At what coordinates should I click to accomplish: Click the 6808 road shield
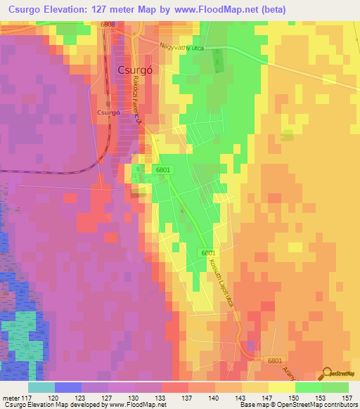(x=107, y=25)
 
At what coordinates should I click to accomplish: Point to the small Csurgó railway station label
(x=109, y=112)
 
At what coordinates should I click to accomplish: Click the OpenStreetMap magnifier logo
(x=328, y=373)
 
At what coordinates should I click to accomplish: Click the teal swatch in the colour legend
(x=41, y=387)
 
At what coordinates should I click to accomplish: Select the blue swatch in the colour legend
(x=67, y=387)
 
